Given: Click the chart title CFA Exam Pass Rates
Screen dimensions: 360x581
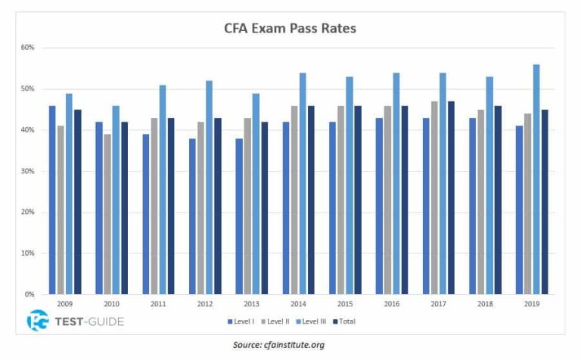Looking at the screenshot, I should [290, 29].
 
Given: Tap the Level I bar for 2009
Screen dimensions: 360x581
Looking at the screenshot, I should [52, 200].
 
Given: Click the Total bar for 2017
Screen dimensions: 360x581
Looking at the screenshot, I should [452, 197].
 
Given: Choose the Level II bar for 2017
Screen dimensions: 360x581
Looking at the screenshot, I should [434, 197].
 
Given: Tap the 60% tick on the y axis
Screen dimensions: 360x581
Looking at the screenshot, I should [28, 48].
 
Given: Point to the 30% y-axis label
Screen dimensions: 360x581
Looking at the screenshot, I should [28, 171].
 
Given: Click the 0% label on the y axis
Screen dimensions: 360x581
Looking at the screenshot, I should [30, 294].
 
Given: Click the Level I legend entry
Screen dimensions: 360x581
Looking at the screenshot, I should [242, 321].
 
